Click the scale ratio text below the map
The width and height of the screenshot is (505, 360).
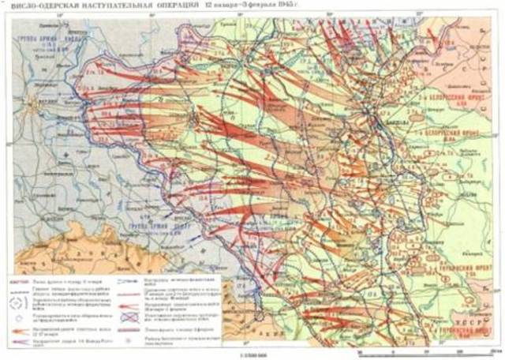coord(252,355)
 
